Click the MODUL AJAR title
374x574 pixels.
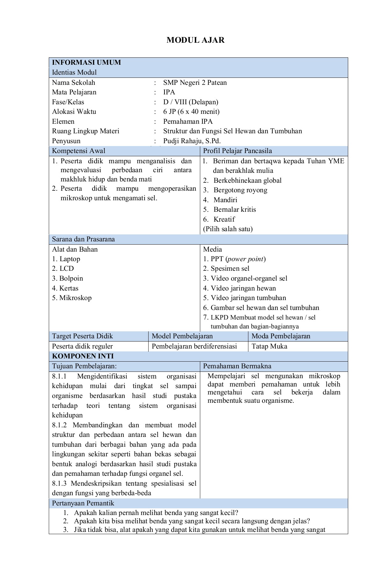pyautogui.click(x=195, y=40)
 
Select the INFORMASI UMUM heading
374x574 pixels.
pyautogui.click(x=86, y=63)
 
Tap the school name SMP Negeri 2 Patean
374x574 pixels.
pyautogui.click(x=195, y=83)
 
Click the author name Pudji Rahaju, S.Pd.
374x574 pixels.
pyautogui.click(x=192, y=141)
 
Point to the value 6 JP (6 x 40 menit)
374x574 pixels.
pyautogui.click(x=191, y=112)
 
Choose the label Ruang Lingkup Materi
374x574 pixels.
pyautogui.click(x=85, y=131)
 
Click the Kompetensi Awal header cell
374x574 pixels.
pyautogui.click(x=78, y=151)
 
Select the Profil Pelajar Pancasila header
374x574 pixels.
pyautogui.click(x=237, y=151)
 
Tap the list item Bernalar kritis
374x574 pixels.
pyautogui.click(x=234, y=210)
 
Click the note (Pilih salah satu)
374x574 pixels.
pyautogui.click(x=228, y=229)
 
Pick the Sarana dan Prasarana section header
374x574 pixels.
pyautogui.click(x=83, y=239)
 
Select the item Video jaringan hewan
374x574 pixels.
pyautogui.click(x=243, y=288)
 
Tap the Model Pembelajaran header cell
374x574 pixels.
pyautogui.click(x=182, y=336)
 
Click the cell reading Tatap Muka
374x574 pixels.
pyautogui.click(x=269, y=346)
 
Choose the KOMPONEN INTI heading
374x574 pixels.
pyautogui.click(x=83, y=356)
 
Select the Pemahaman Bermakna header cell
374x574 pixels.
pyautogui.click(x=237, y=366)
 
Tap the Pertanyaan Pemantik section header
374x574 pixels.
pyautogui.click(x=83, y=503)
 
